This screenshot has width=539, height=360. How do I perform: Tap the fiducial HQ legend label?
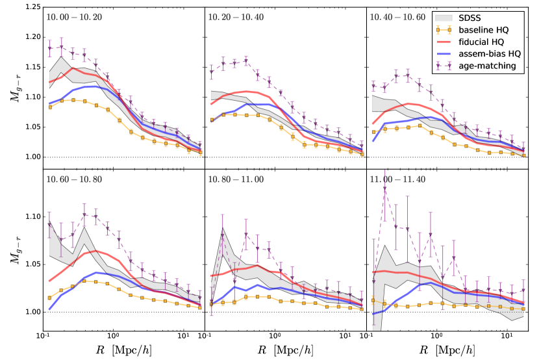489,42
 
